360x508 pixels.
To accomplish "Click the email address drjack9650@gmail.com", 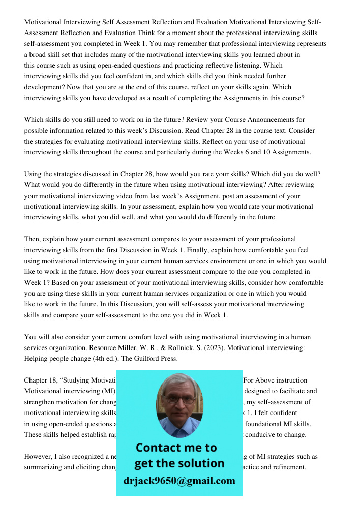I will pos(179,481).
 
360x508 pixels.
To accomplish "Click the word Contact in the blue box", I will pos(161,448).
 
